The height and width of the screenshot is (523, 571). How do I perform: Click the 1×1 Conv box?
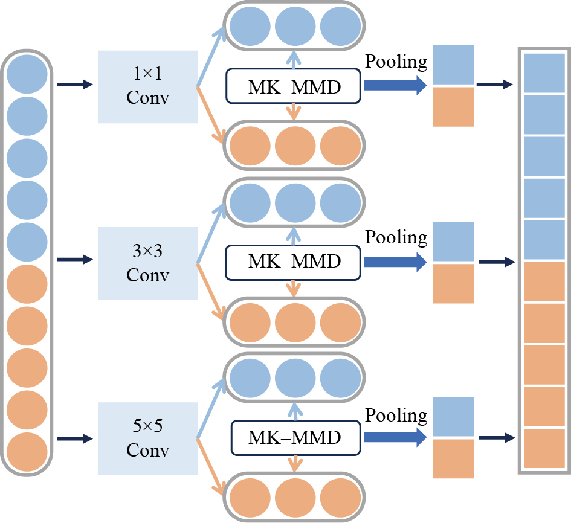tap(147, 87)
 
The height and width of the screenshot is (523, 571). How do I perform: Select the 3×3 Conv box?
tap(147, 264)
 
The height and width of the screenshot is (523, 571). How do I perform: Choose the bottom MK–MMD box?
tap(294, 438)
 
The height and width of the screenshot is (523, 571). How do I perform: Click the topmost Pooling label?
tap(396, 62)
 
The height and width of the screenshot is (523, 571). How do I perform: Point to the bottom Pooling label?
tap(396, 416)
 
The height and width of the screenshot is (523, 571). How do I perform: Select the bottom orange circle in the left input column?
tap(27, 451)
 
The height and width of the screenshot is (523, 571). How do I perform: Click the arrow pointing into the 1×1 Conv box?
tap(75, 85)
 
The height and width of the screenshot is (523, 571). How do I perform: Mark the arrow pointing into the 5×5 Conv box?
tap(75, 438)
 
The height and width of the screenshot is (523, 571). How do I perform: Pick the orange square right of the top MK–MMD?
tap(454, 107)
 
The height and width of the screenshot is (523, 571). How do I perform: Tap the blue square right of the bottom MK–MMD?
tap(454, 417)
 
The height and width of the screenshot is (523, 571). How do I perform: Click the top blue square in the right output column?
tap(544, 72)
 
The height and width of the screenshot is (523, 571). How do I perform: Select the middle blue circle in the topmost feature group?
tap(295, 27)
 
